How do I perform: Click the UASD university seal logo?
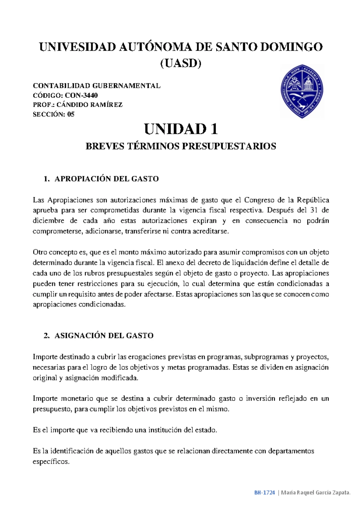pos(302,91)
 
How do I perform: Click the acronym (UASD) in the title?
pos(181,63)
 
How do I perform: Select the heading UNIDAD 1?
pos(181,129)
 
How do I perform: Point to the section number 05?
pos(71,114)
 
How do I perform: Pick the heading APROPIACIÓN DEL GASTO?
pos(106,179)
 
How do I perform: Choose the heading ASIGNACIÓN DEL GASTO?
pos(104,335)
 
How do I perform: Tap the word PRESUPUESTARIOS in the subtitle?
pos(229,146)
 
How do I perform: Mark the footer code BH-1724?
pos(265,493)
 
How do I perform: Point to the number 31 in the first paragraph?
pos(314,210)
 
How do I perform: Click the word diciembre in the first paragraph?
pos(48,221)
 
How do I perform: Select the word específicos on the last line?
pos(51,462)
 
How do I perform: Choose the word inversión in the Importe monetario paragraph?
pos(260,398)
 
